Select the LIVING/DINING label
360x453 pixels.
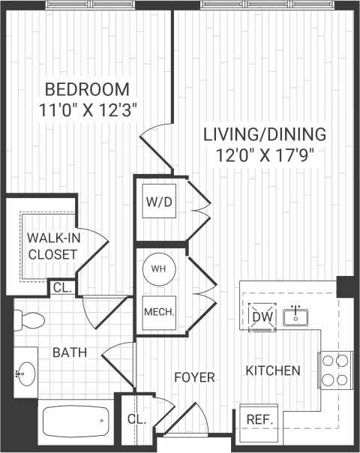pos(265,135)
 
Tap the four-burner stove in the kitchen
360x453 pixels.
pos(335,369)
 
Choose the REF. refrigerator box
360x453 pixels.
pos(259,419)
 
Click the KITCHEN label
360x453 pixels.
pos(274,370)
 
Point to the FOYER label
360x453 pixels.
pos(194,376)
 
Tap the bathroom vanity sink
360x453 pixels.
pos(26,371)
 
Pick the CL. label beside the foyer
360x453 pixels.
pos(136,418)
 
